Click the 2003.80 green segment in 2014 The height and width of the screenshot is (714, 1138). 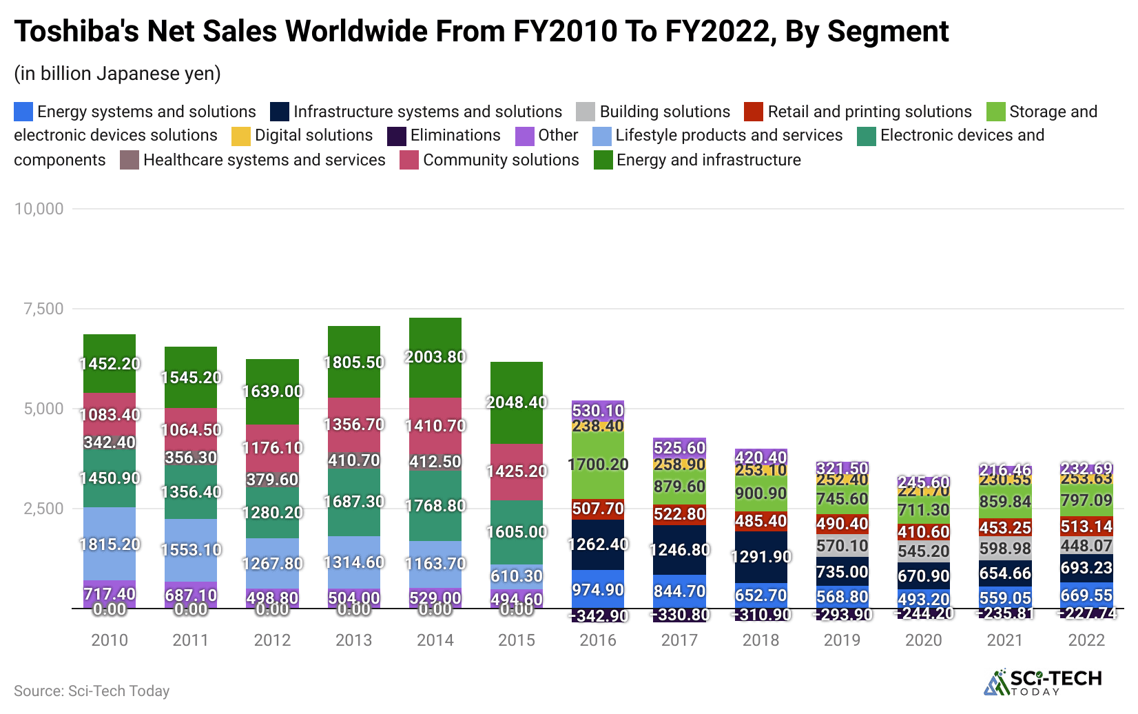435,358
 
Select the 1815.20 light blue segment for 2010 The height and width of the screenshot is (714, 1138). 110,544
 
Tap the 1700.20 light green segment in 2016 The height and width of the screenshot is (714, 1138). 598,465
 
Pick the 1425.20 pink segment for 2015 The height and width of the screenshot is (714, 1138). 517,471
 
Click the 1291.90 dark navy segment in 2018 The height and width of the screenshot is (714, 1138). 761,557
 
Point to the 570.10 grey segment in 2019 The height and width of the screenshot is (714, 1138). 842,546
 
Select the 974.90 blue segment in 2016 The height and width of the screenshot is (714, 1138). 598,589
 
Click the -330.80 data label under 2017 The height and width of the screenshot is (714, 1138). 680,615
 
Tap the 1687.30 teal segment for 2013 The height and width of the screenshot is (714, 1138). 354,502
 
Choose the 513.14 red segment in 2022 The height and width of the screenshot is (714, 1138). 1086,527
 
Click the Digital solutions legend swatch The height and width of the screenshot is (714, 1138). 241,136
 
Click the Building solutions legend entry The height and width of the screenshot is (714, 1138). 664,112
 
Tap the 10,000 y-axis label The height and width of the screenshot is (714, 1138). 39,209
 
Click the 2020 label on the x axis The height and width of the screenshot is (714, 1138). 924,640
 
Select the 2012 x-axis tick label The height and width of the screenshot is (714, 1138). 272,640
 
